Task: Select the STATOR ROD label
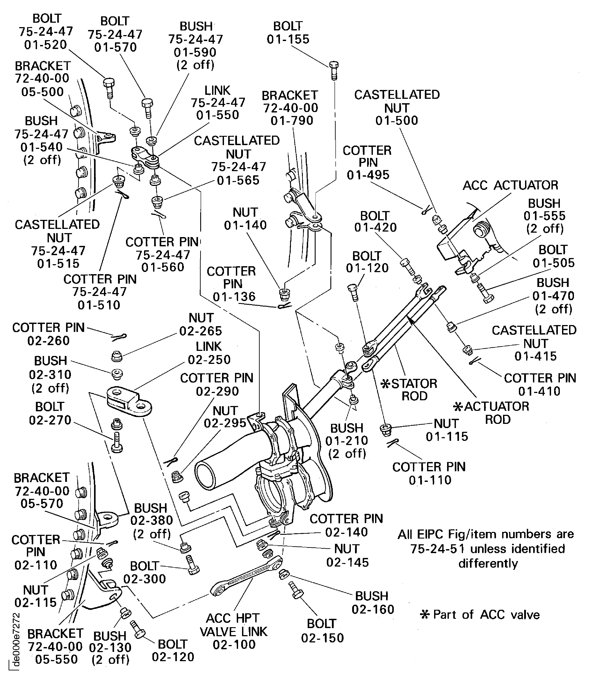410,390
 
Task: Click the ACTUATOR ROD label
492,413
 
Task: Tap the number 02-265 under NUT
200,331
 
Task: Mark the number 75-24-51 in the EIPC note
437,549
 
